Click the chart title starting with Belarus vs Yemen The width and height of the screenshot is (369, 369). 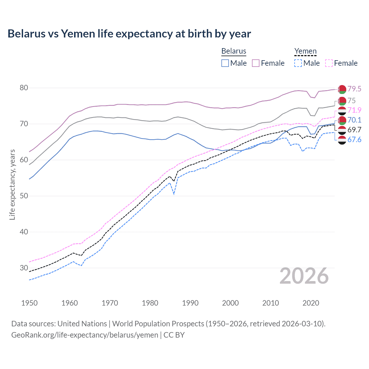tap(129, 34)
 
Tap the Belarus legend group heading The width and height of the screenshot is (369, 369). tap(234, 51)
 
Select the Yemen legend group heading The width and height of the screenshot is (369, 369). tap(305, 51)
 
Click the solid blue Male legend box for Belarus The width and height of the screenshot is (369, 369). tap(225, 63)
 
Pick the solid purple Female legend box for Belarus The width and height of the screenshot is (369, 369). tap(256, 63)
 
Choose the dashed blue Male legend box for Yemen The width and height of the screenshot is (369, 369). tap(298, 63)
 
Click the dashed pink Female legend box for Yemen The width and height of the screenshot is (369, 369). tap(329, 63)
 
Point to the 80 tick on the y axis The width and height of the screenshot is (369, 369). tap(24, 88)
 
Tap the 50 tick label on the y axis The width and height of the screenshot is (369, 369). tap(24, 196)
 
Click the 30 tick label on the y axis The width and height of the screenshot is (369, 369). tap(24, 268)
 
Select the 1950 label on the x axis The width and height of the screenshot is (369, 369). tap(29, 303)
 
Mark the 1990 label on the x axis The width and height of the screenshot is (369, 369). tap(190, 303)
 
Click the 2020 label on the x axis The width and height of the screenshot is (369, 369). tap(311, 303)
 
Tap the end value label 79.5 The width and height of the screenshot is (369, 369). tap(354, 89)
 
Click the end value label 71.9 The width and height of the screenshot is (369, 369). tap(354, 110)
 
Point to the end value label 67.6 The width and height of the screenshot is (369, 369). tap(354, 140)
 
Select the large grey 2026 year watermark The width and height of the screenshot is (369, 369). tap(304, 276)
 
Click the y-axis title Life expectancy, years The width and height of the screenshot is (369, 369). tap(12, 184)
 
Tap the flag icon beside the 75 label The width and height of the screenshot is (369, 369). tap(342, 101)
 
